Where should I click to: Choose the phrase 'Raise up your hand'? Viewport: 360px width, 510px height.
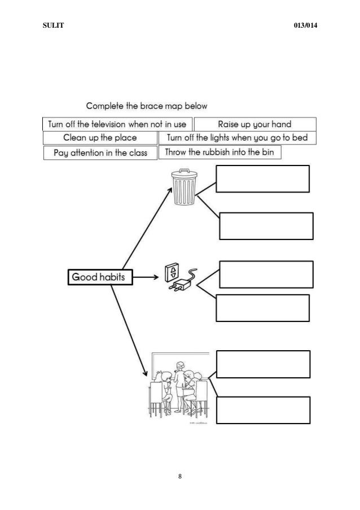255,124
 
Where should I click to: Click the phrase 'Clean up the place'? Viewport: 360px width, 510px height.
100,138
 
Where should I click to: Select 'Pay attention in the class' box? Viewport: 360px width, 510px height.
100,152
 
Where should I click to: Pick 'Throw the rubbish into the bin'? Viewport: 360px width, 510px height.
219,152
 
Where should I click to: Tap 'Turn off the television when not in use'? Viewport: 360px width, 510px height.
117,124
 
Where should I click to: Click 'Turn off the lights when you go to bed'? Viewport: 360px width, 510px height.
238,138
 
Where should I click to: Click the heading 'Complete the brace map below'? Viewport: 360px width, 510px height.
147,106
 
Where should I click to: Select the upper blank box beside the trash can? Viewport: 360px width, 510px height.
263,179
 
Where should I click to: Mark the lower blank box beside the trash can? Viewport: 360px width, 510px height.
265,226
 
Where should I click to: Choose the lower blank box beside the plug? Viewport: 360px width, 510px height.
263,308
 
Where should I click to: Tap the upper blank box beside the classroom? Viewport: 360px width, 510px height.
264,364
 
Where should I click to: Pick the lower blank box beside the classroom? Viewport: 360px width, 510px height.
264,410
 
